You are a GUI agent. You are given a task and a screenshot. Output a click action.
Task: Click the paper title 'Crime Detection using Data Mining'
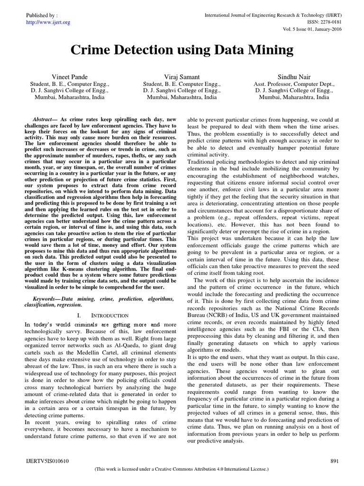pyautogui.click(x=182, y=50)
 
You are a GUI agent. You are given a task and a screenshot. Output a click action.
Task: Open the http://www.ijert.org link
pyautogui.click(x=40, y=22)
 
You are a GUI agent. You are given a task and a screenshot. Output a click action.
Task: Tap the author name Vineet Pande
pyautogui.click(x=70, y=77)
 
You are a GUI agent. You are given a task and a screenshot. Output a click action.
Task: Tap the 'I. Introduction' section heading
pyautogui.click(x=105, y=315)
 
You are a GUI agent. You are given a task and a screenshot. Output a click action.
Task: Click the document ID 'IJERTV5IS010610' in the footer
pyautogui.click(x=40, y=461)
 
